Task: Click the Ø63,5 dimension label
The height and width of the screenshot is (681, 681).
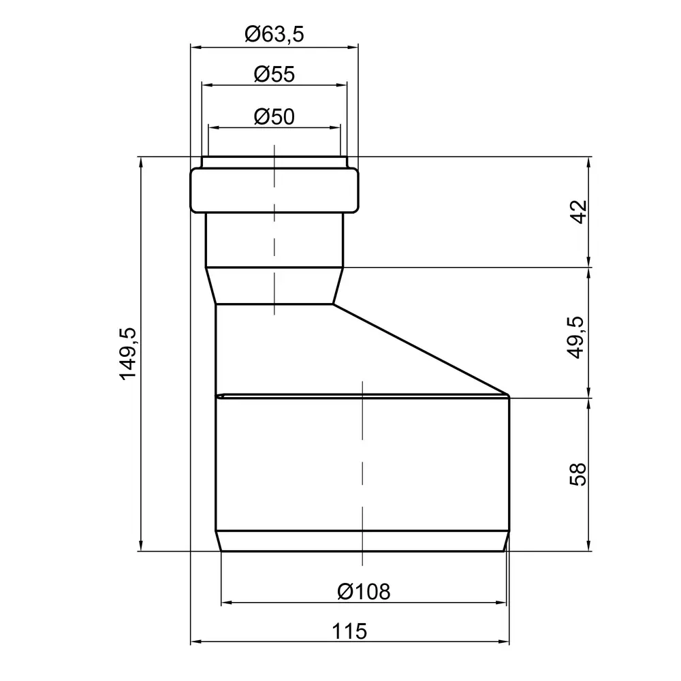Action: [x=274, y=34]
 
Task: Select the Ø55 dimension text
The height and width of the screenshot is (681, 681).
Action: [x=274, y=74]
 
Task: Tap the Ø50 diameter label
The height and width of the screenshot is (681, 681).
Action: [x=274, y=117]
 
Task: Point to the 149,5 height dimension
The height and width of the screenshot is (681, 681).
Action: [x=128, y=354]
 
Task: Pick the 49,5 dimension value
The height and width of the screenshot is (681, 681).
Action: [x=576, y=338]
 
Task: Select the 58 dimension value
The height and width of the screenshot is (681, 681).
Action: [x=578, y=474]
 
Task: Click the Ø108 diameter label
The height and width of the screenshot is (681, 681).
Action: [x=364, y=592]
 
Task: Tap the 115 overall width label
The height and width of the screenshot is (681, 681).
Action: [x=349, y=631]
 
